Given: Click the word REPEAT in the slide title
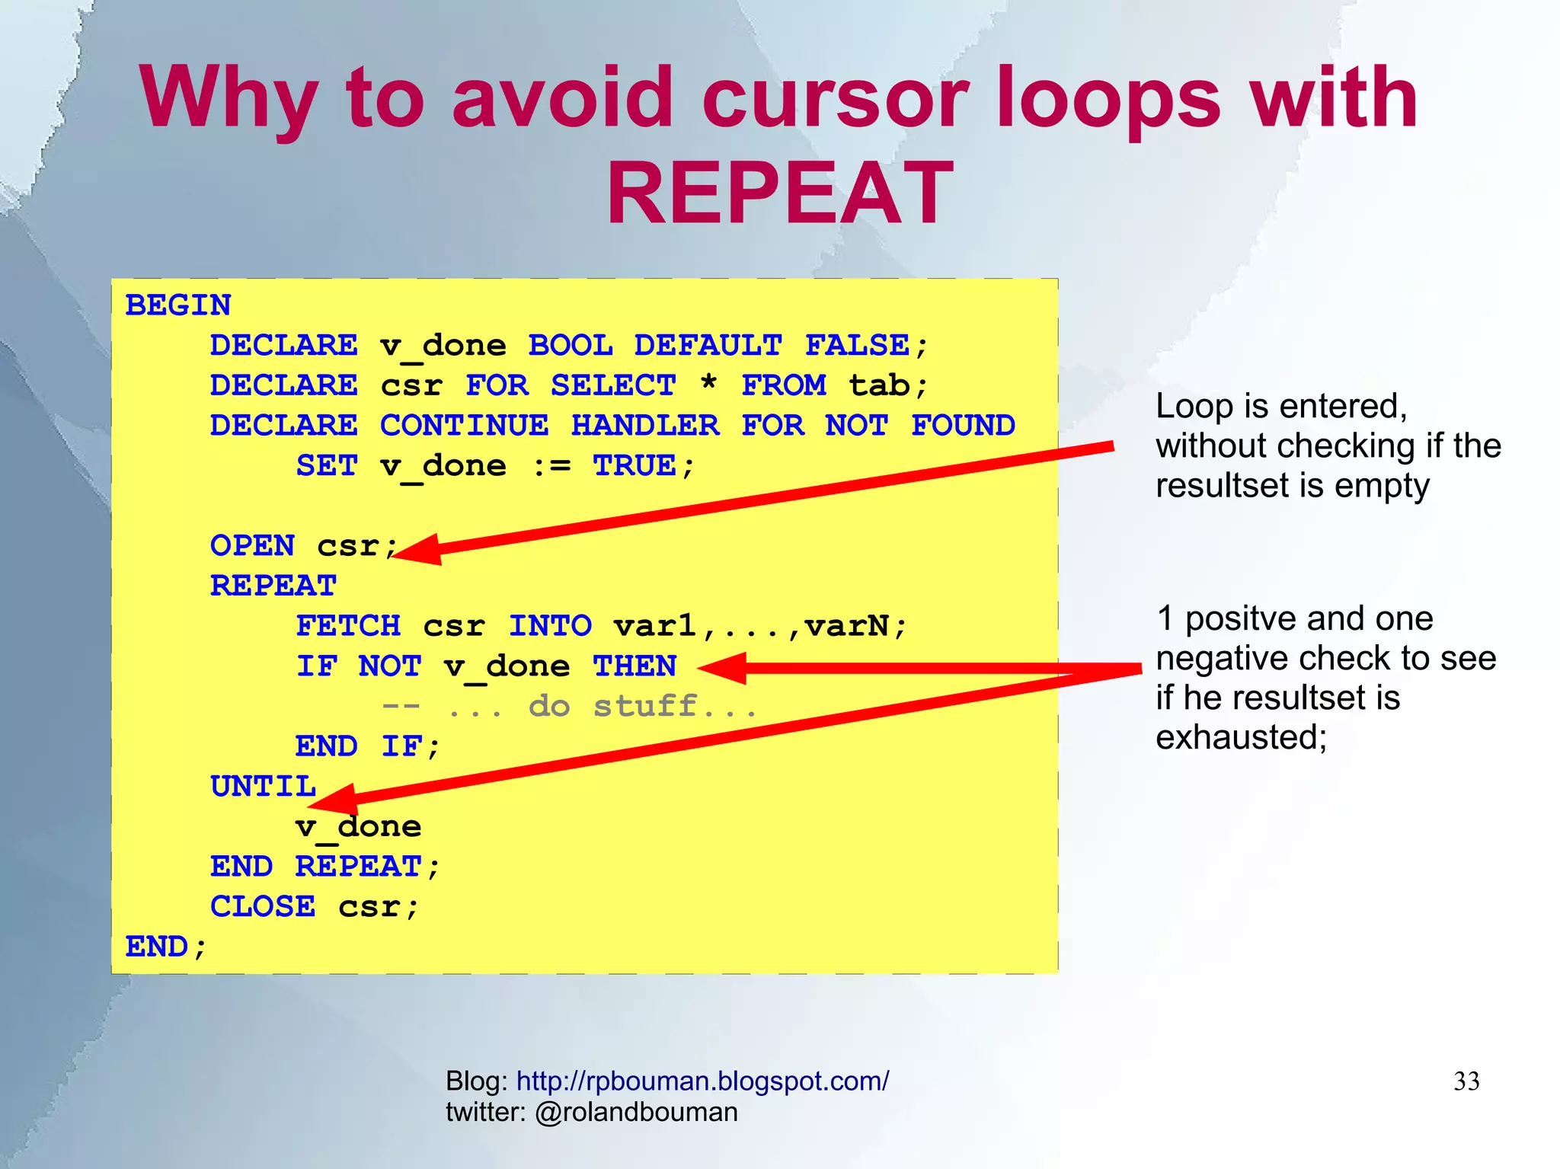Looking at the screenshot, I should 779,193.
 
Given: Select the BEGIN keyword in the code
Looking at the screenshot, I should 177,305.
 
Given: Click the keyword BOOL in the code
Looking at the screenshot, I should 570,346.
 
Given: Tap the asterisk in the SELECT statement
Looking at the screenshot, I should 708,383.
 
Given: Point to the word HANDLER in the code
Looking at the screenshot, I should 644,426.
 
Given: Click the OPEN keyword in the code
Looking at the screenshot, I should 252,546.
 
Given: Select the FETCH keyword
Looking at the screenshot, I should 348,626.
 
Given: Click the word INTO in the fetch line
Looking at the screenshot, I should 550,626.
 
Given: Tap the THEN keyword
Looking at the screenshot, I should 635,666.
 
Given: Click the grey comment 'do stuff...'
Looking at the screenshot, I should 644,707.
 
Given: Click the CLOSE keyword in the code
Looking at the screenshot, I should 263,907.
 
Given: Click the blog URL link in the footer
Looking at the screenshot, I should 702,1081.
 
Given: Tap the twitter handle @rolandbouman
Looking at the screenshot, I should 636,1113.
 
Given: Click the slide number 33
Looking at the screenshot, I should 1466,1081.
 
